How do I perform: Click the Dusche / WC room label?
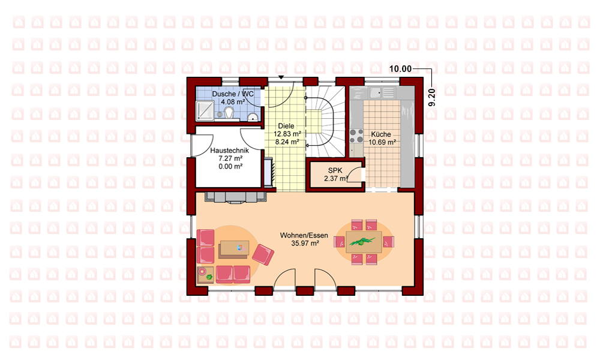pos(233,94)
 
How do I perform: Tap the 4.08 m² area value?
pos(233,102)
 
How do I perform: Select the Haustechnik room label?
pos(230,151)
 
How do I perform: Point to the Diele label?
pos(286,126)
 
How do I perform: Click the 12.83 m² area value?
pos(287,134)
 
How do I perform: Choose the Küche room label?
pos(381,134)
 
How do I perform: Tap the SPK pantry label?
pos(335,170)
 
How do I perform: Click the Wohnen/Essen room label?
pos(304,235)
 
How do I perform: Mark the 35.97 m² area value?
pos(305,244)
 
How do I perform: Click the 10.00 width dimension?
pos(400,69)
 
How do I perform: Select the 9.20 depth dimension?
pos(431,97)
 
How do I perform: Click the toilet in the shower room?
pos(229,112)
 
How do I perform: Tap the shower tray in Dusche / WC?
pos(205,110)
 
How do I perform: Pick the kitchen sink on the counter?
pos(376,93)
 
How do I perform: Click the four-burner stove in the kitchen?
pos(356,136)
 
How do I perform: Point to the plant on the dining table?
pos(362,242)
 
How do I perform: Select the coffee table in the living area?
pos(234,250)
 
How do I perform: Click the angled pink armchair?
pos(263,255)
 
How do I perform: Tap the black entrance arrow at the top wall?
pos(281,77)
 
